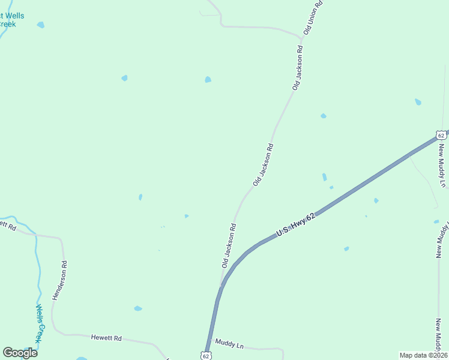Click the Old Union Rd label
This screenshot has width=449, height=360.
pos(313,16)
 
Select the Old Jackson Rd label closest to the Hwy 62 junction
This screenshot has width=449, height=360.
pos(229,245)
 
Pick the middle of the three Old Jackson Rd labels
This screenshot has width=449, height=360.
pos(264,164)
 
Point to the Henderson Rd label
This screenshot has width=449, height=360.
pos(59,280)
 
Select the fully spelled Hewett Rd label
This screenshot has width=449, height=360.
pos(106,338)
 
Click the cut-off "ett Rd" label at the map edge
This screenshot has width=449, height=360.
pos(7,225)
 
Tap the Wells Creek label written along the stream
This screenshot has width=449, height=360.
pos(38,323)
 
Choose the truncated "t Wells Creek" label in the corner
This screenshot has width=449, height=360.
pos(12,20)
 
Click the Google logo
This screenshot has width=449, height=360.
pos(20,353)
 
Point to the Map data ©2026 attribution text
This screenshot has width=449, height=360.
pos(423,355)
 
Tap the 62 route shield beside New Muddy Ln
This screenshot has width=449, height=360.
pos(442,135)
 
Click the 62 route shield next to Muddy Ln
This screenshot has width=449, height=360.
pos(206,356)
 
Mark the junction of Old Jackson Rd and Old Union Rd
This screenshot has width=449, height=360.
pos(301,39)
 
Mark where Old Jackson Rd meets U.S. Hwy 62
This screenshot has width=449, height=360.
pos(222,286)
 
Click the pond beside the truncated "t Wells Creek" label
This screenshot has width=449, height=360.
pos(40,25)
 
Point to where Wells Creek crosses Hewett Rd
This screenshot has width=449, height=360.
pos(35,235)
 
